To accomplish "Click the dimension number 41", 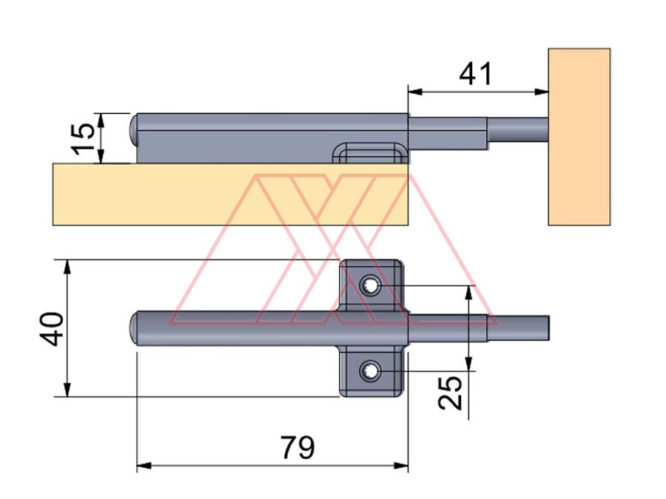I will [x=475, y=74].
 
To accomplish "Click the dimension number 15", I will [x=85, y=138].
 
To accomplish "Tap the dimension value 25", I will [x=451, y=392].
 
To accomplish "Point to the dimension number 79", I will [x=297, y=447].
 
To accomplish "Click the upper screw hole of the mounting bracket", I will [x=370, y=285].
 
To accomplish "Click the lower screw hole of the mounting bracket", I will [x=370, y=370].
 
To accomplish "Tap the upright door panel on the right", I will [x=579, y=137].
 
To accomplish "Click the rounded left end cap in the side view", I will [x=135, y=130].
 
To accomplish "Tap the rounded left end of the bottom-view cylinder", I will [x=135, y=328].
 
